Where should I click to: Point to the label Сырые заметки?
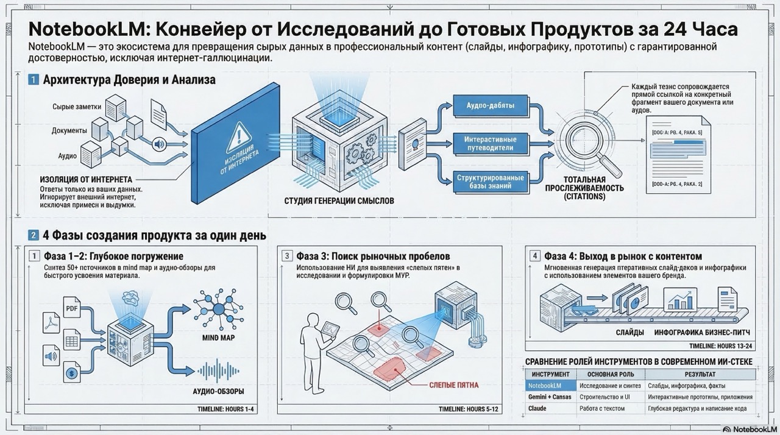[x=77, y=107]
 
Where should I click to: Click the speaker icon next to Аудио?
[x=160, y=144]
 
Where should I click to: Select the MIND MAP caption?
[x=218, y=338]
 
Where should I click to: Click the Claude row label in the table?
[x=537, y=408]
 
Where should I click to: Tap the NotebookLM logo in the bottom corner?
[x=750, y=429]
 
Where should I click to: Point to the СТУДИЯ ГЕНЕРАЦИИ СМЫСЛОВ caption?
[x=339, y=200]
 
